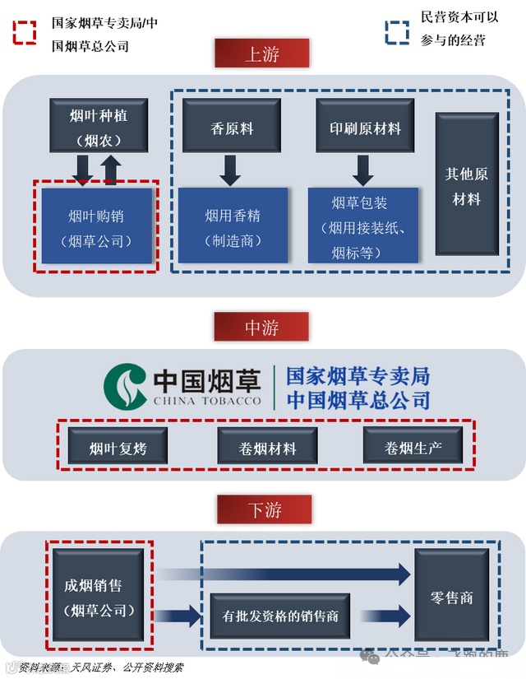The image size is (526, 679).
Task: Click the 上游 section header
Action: tap(261, 54)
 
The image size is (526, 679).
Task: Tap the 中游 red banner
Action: tap(261, 327)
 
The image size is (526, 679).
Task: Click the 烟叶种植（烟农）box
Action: tap(99, 126)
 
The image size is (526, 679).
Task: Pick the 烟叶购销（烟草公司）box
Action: tap(97, 226)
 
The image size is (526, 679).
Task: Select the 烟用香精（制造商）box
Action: tap(233, 226)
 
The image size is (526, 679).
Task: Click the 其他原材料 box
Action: tap(467, 186)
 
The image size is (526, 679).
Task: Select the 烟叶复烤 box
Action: tap(118, 447)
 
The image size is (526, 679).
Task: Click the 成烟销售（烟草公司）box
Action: tap(99, 597)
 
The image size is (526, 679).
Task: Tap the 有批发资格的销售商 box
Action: tap(280, 615)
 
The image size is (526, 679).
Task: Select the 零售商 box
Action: tap(451, 596)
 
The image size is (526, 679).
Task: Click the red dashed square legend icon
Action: tap(24, 32)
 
